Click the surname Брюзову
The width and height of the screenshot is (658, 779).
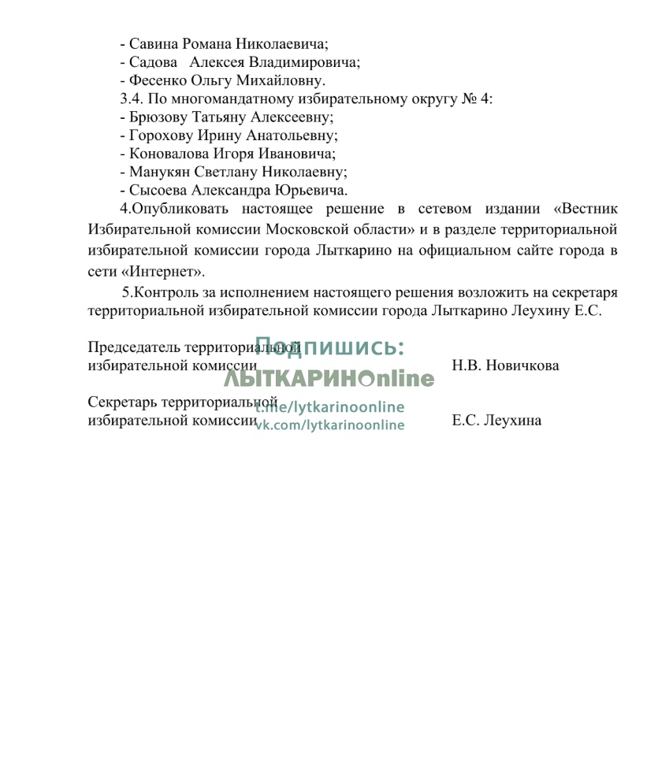click(158, 117)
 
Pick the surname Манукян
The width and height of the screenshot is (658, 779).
click(158, 172)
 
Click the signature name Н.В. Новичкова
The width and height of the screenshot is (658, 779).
click(505, 365)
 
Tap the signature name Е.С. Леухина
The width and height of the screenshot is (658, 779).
click(496, 421)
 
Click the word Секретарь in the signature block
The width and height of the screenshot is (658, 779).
click(123, 402)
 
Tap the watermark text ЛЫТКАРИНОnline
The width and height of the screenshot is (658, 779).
click(329, 379)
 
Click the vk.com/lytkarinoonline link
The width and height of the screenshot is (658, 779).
click(329, 425)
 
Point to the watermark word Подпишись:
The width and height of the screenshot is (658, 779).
click(329, 347)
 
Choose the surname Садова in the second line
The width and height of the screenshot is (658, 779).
click(151, 62)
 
